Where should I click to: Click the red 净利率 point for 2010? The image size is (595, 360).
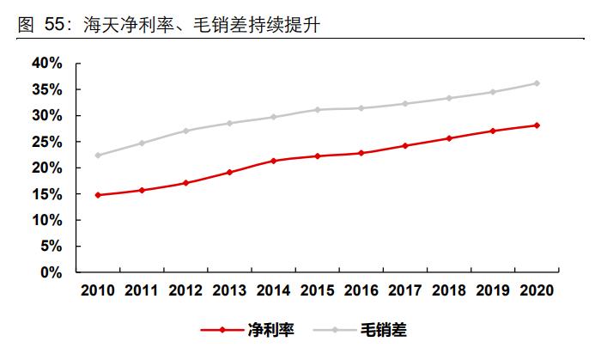click(x=98, y=195)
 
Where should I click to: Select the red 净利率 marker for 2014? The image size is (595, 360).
click(x=273, y=161)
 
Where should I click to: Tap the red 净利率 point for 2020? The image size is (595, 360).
click(x=537, y=125)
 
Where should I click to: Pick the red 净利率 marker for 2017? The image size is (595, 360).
click(x=405, y=146)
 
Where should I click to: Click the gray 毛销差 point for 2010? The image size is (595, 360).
click(x=98, y=156)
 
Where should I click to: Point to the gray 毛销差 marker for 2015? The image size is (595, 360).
click(x=317, y=110)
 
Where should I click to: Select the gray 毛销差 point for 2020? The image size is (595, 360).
click(x=537, y=83)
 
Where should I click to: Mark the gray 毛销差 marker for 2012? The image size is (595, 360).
click(x=185, y=131)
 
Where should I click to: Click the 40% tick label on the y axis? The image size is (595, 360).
click(x=46, y=64)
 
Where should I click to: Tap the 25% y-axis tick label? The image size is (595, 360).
click(x=46, y=142)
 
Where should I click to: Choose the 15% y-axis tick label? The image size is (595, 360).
click(x=46, y=194)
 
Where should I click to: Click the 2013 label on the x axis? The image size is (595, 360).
click(x=229, y=290)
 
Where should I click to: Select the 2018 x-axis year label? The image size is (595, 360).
click(x=448, y=290)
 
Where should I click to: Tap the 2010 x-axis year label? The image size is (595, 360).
click(x=98, y=290)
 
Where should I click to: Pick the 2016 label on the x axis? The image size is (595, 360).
click(x=361, y=290)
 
